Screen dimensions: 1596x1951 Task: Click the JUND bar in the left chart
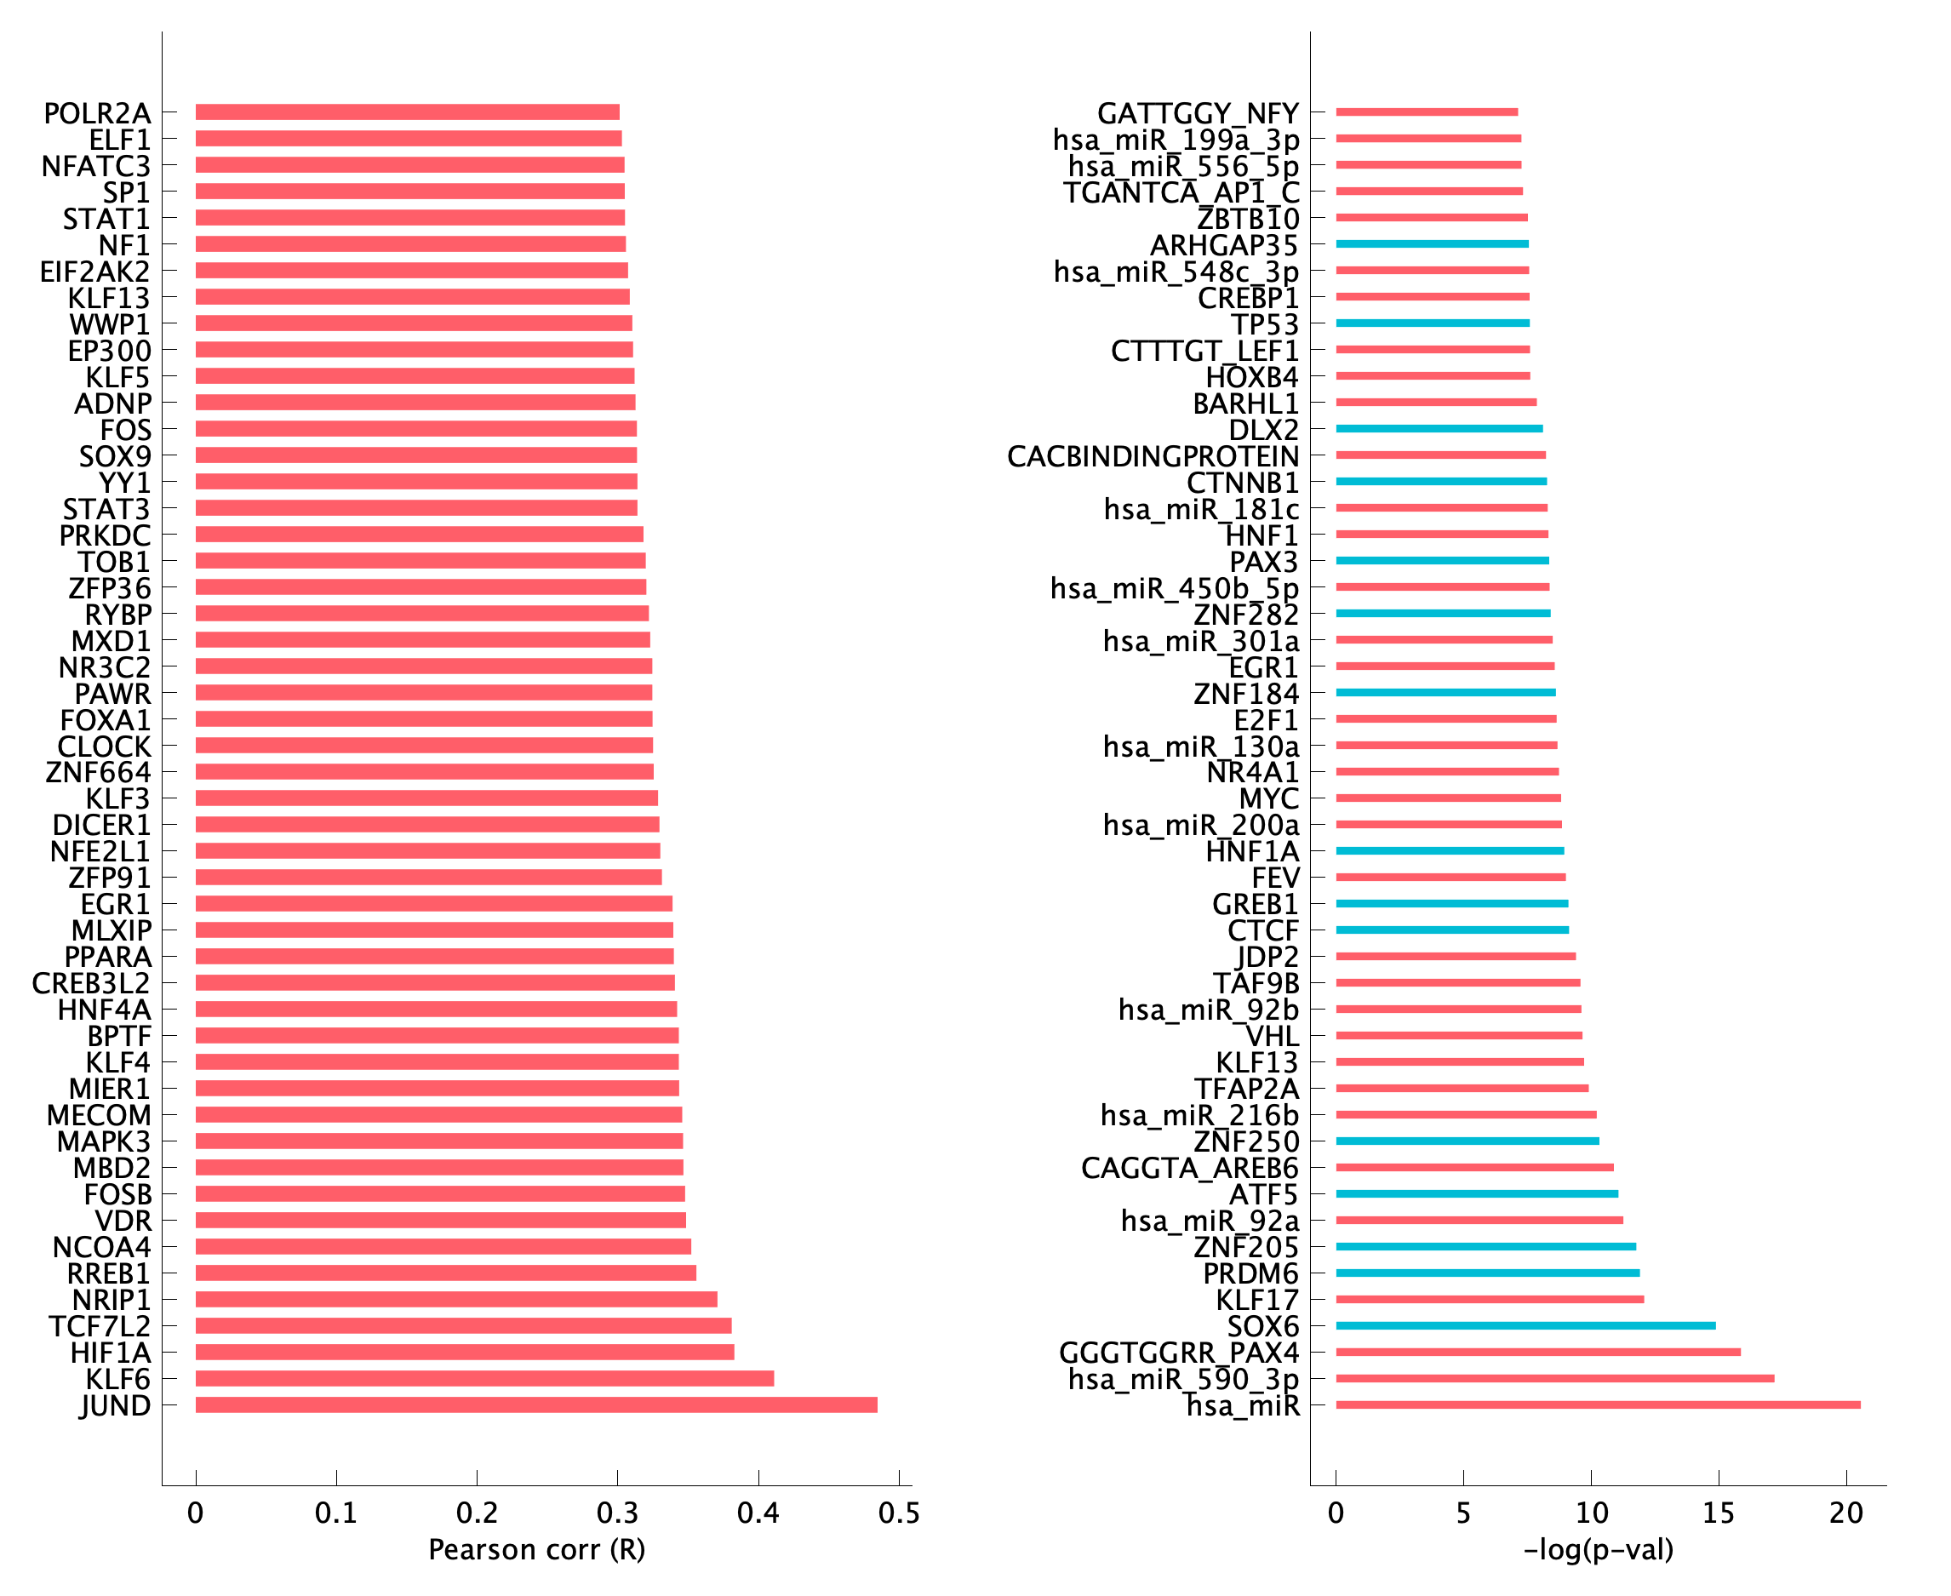pyautogui.click(x=536, y=1404)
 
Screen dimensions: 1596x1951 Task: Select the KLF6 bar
pyautogui.click(x=484, y=1378)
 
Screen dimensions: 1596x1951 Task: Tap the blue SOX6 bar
pyautogui.click(x=1525, y=1325)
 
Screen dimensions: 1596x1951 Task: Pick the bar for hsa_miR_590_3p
pyautogui.click(x=1554, y=1378)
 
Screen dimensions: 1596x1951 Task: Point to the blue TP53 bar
pyautogui.click(x=1433, y=323)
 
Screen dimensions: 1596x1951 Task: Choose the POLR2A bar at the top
pyautogui.click(x=407, y=112)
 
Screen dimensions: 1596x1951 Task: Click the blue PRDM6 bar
pyautogui.click(x=1488, y=1273)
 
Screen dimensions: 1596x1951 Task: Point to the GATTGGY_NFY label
pyautogui.click(x=1198, y=113)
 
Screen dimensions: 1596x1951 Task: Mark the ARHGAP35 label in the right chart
pyautogui.click(x=1224, y=245)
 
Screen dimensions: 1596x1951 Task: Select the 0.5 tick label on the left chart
pyautogui.click(x=899, y=1513)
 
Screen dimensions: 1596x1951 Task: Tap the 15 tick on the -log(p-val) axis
pyautogui.click(x=1719, y=1513)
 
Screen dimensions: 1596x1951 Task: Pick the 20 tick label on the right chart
pyautogui.click(x=1845, y=1513)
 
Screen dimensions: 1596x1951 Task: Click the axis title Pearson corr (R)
pyautogui.click(x=537, y=1550)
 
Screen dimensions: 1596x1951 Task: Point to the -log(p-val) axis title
pyautogui.click(x=1598, y=1550)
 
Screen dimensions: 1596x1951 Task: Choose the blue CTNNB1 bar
pyautogui.click(x=1441, y=482)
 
